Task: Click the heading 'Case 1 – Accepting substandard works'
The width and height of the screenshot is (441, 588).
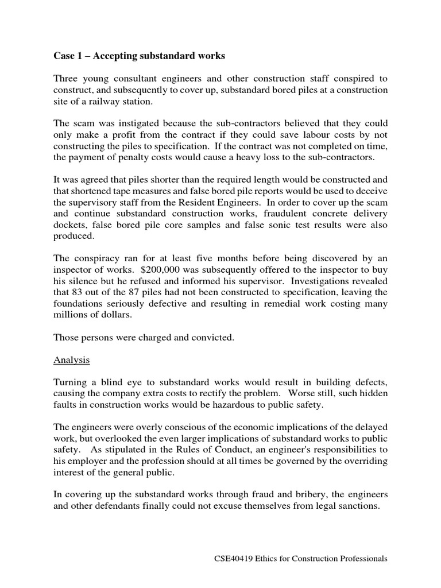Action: coord(140,56)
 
